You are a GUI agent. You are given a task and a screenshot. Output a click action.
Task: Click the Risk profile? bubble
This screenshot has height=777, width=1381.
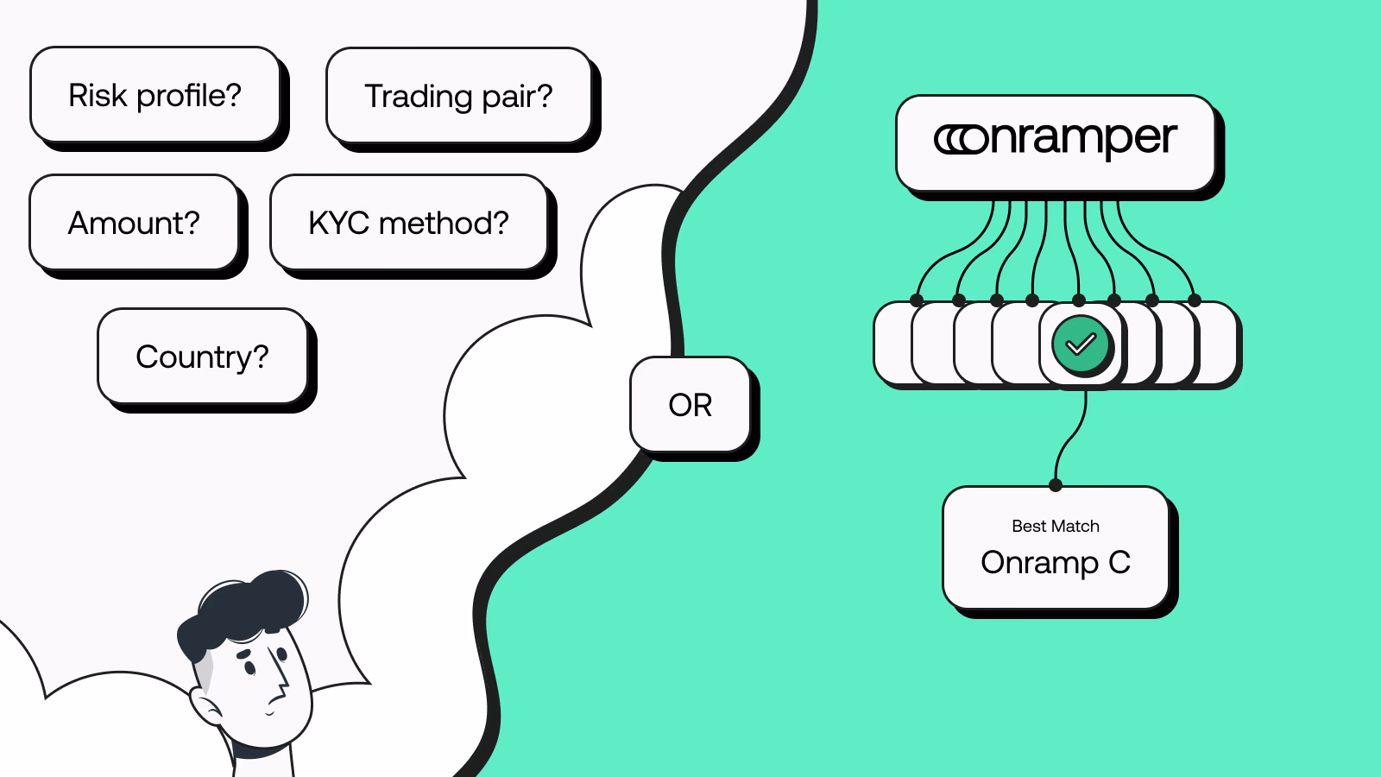(155, 95)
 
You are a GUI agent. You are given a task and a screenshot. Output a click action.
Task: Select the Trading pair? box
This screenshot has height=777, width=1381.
(458, 96)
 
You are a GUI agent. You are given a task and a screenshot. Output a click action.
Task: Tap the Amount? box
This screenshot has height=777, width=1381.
(134, 223)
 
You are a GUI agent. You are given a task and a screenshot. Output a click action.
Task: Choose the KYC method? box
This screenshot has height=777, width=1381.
(408, 223)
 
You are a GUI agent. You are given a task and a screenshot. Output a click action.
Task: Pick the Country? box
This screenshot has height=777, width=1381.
(202, 357)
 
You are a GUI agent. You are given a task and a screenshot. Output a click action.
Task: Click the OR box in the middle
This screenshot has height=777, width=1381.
(690, 405)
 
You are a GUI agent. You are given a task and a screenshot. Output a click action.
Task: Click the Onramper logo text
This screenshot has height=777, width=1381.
(1079, 139)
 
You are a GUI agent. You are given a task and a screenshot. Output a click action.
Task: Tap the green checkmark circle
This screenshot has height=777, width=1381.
(1081, 344)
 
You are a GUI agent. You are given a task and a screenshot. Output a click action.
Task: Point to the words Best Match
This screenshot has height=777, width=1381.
(1056, 526)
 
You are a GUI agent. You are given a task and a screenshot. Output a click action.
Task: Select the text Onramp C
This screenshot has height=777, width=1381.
(1056, 563)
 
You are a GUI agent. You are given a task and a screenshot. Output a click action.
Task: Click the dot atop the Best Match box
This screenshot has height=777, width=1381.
(1056, 485)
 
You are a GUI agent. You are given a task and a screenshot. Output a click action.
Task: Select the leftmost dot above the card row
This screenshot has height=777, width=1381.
(917, 300)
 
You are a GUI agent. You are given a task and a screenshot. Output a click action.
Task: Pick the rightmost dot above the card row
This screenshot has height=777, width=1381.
(1195, 300)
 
